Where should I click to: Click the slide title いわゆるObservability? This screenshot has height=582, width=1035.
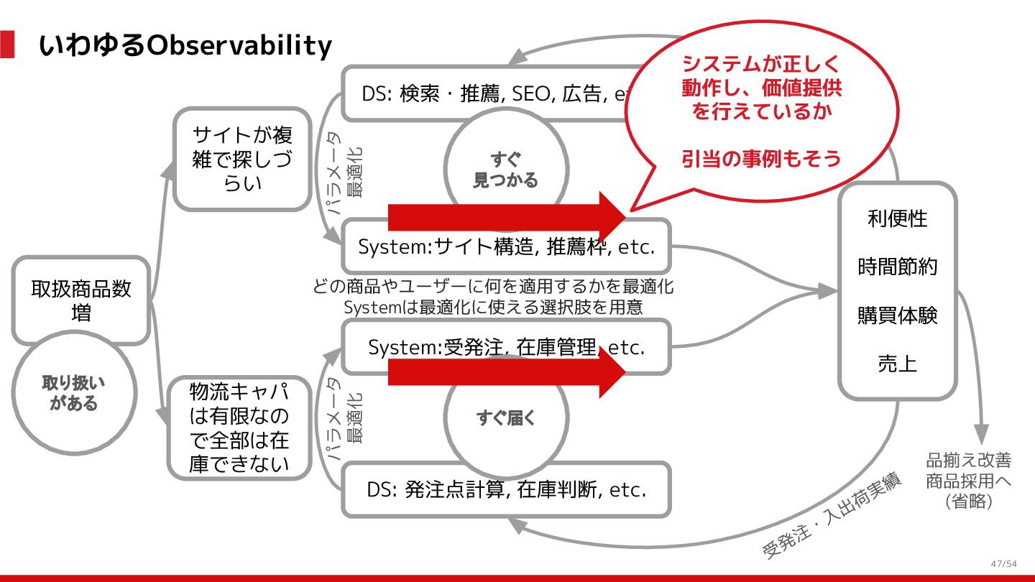click(x=185, y=46)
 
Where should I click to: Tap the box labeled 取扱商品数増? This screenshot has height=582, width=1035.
click(x=81, y=300)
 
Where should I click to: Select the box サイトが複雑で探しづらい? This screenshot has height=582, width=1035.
click(x=242, y=159)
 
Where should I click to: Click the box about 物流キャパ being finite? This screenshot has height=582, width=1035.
click(x=239, y=428)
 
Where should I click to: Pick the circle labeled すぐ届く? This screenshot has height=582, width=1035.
click(x=506, y=417)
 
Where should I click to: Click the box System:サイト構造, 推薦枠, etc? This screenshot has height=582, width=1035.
click(x=506, y=247)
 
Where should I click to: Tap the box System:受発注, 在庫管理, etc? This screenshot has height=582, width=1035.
click(x=506, y=347)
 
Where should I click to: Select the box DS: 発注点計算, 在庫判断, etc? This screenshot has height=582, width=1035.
click(x=506, y=490)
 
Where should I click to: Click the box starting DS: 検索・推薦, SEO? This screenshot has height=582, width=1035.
click(x=489, y=93)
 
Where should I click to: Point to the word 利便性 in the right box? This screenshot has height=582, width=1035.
click(x=898, y=218)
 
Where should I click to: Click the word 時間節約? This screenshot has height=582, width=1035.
click(x=898, y=267)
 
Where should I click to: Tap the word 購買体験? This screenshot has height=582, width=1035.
click(x=898, y=315)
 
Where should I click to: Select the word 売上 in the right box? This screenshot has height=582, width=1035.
click(x=898, y=364)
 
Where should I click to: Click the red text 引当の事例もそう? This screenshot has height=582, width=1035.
click(x=761, y=158)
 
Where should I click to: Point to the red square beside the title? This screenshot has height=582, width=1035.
click(x=7, y=44)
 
